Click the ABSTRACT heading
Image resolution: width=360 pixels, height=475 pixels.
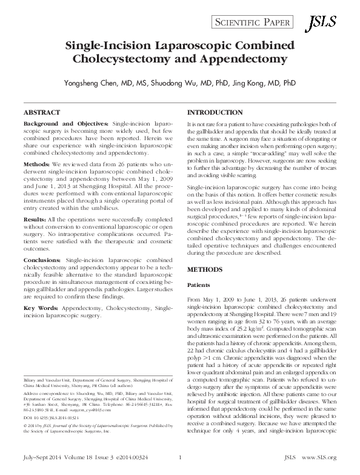pos(41,113)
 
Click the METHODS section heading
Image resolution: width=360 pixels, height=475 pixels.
pos(205,268)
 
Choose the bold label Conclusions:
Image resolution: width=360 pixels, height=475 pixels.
pos(44,260)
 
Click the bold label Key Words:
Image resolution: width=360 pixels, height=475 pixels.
pos(41,308)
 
